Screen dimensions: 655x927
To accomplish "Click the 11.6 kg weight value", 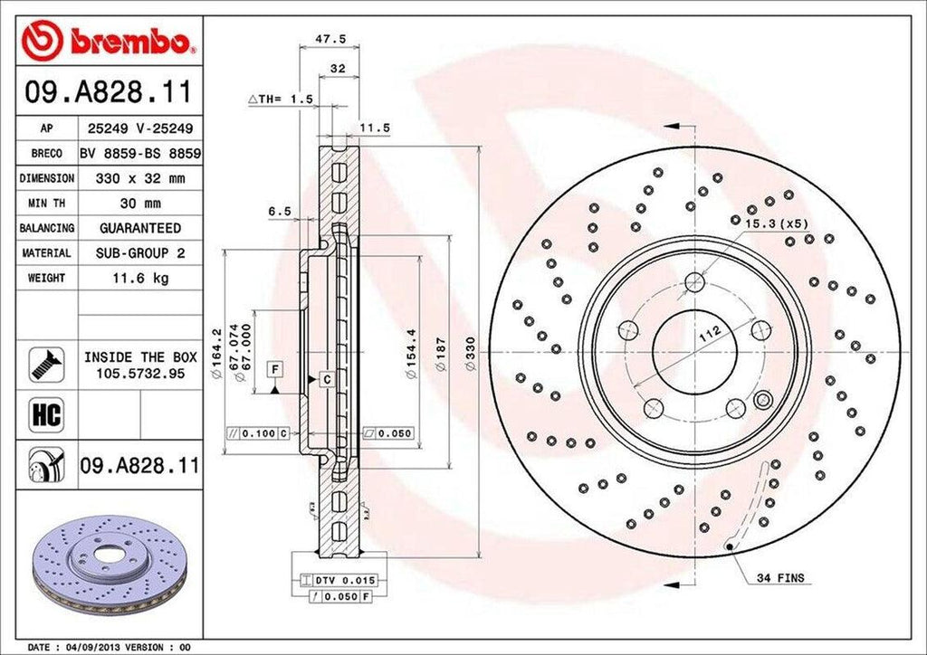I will point(140,278).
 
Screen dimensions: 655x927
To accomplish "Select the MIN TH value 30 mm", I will point(140,204).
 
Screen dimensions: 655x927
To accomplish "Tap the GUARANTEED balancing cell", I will point(140,228).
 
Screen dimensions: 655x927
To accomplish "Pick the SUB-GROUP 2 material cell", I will point(140,253).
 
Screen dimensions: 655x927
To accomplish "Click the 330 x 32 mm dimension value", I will point(140,178).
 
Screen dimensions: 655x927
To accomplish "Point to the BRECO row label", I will point(45,154).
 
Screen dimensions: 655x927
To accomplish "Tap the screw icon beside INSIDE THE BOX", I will point(44,363).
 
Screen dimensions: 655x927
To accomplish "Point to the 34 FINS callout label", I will point(779,577).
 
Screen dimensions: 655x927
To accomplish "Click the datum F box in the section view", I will point(273,368).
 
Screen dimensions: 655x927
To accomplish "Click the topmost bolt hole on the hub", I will point(694,281).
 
